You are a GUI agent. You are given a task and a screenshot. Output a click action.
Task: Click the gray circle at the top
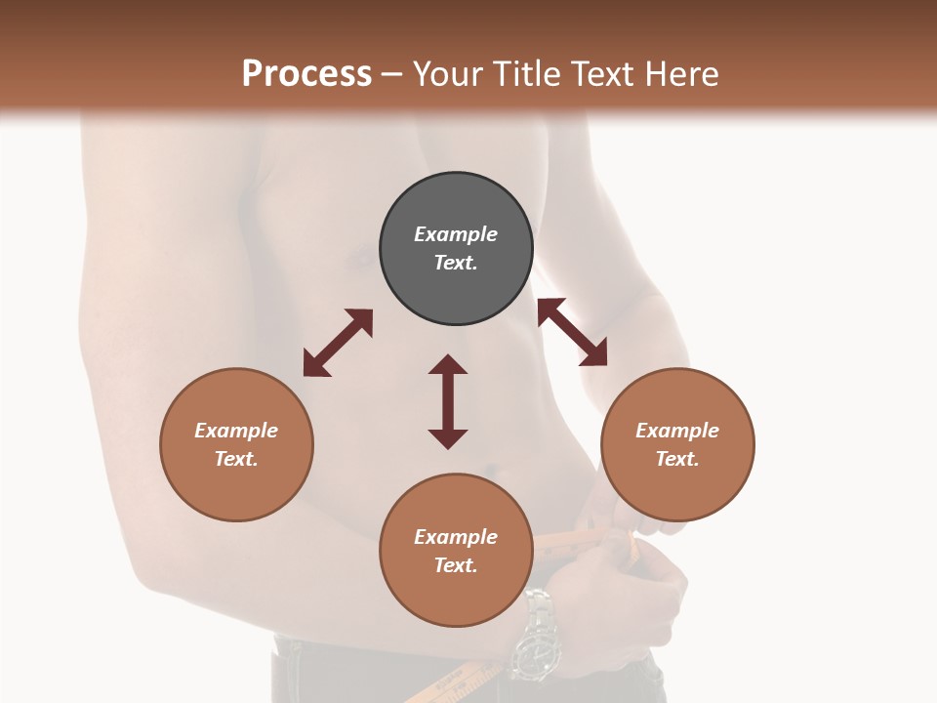(x=456, y=249)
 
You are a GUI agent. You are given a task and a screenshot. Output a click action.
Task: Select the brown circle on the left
(x=236, y=444)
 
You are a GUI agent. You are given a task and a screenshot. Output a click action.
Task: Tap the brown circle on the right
(x=677, y=444)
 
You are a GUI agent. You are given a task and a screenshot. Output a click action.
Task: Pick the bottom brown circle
(x=456, y=550)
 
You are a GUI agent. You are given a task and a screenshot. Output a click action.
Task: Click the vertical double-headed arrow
(x=448, y=401)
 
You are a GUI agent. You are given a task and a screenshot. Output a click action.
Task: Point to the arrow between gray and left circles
(x=338, y=343)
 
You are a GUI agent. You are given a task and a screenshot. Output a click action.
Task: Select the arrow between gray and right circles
(x=572, y=332)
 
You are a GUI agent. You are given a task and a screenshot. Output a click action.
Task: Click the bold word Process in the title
(x=306, y=73)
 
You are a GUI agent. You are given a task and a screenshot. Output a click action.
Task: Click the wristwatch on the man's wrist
(x=535, y=635)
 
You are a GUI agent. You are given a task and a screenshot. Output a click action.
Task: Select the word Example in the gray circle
(x=456, y=234)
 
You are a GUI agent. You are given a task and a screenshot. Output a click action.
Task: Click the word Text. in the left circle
(x=236, y=459)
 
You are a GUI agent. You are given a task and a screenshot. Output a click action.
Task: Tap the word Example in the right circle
(x=677, y=431)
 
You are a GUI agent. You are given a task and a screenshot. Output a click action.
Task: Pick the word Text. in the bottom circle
(x=456, y=565)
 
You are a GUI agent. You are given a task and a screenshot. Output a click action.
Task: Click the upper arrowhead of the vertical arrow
(x=448, y=364)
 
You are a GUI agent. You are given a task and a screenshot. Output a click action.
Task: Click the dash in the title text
(x=392, y=74)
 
